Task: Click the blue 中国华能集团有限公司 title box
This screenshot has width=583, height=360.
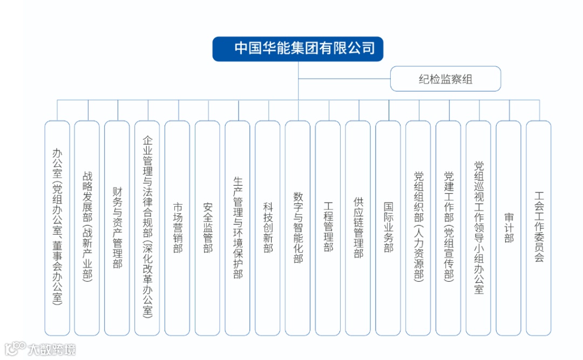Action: pyautogui.click(x=298, y=49)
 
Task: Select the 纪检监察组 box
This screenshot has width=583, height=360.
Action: pyautogui.click(x=445, y=79)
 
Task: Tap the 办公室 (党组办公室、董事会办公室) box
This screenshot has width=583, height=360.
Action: pyautogui.click(x=57, y=228)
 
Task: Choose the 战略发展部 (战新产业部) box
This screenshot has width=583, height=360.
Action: pyautogui.click(x=87, y=228)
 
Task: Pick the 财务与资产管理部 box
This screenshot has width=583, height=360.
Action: pyautogui.click(x=117, y=228)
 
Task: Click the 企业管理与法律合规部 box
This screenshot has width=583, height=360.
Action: pyautogui.click(x=147, y=228)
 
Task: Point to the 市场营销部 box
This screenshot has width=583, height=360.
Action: pyautogui.click(x=178, y=228)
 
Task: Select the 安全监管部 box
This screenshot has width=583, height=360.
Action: pyautogui.click(x=208, y=228)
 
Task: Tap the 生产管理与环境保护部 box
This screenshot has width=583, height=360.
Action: pyautogui.click(x=238, y=228)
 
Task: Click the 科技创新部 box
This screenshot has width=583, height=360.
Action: pyautogui.click(x=268, y=228)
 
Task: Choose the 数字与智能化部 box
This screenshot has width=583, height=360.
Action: pyautogui.click(x=298, y=228)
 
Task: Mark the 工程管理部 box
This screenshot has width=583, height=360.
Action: pyautogui.click(x=328, y=228)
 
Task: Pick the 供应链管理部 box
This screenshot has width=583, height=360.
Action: pyautogui.click(x=358, y=228)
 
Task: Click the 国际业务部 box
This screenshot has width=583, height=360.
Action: pyautogui.click(x=388, y=228)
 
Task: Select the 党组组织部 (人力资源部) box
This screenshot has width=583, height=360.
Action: pyautogui.click(x=418, y=228)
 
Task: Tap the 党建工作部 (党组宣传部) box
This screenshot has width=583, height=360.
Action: pyautogui.click(x=449, y=228)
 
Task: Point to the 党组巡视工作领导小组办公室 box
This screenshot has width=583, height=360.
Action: pyautogui.click(x=479, y=228)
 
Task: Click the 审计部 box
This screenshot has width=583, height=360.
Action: pyautogui.click(x=509, y=228)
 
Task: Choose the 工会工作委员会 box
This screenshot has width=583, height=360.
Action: pyautogui.click(x=539, y=228)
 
